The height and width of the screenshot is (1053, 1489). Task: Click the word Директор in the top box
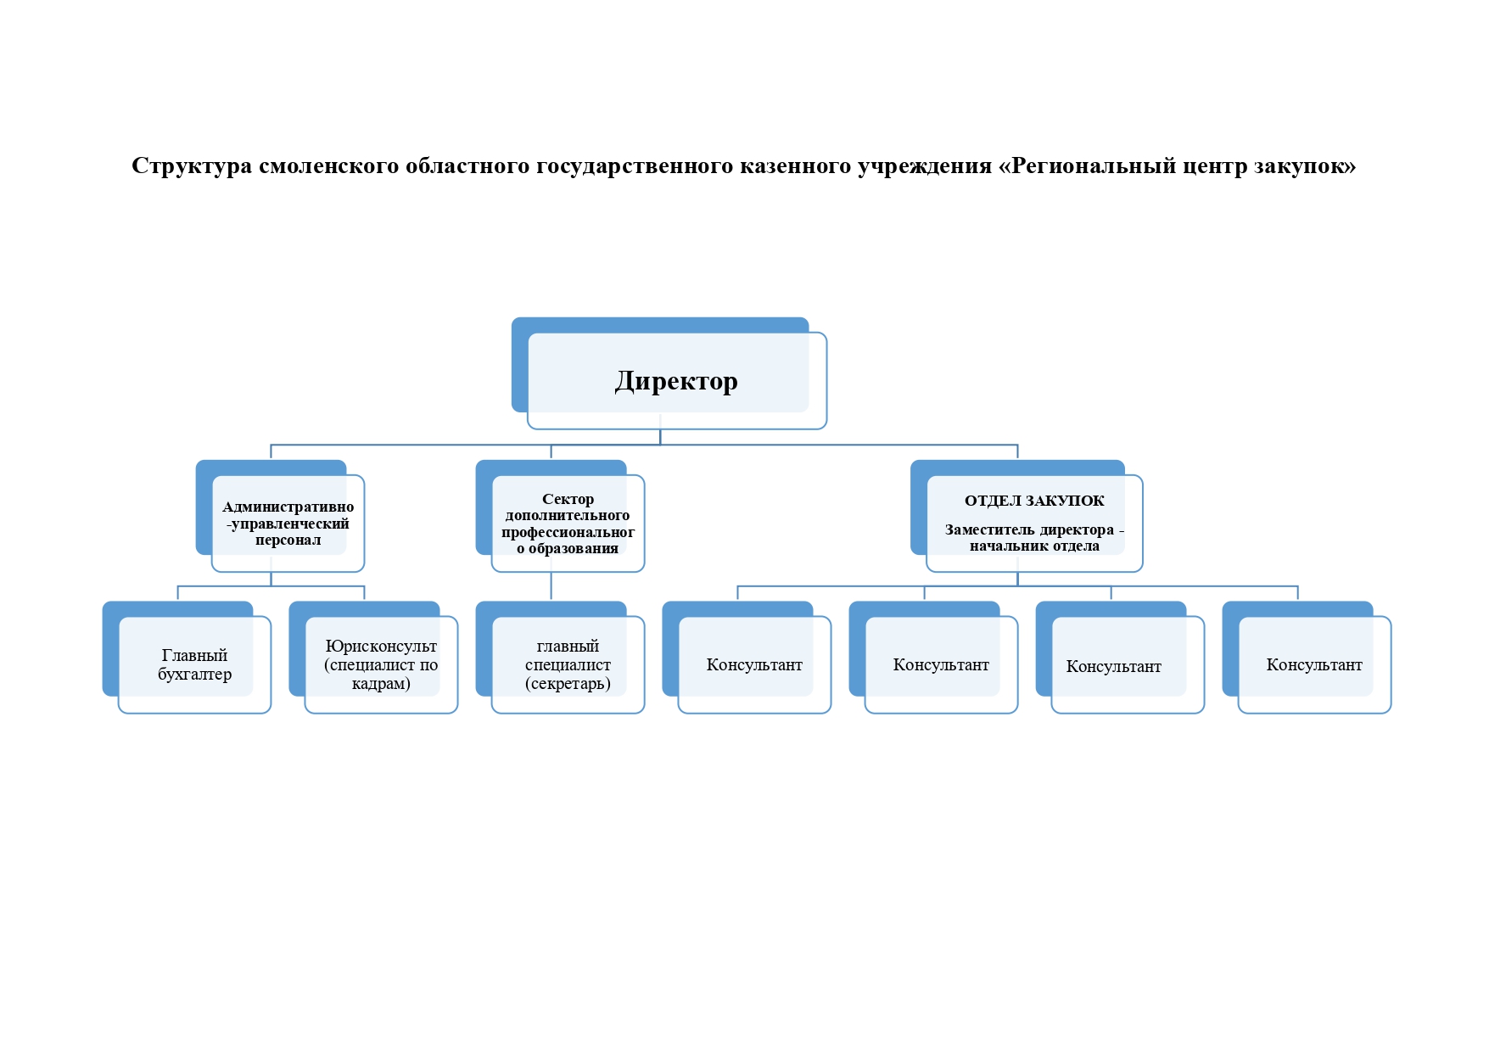[x=676, y=381]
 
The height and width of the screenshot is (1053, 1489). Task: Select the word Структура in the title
[x=192, y=165]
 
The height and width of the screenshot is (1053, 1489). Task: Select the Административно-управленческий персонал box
[x=288, y=523]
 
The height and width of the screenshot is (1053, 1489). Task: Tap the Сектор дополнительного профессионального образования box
[x=568, y=523]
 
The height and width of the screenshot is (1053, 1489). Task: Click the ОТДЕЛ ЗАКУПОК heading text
[x=1034, y=501]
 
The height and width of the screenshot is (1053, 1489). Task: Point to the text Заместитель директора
[x=1029, y=529]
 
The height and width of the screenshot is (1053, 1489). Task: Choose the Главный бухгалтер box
[x=194, y=664]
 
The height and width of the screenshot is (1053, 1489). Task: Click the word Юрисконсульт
[x=381, y=647]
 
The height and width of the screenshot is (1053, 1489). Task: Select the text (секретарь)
[x=568, y=684]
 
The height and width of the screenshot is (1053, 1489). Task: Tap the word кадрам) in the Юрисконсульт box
[x=381, y=684]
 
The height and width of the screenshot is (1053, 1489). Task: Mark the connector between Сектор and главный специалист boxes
[x=551, y=586]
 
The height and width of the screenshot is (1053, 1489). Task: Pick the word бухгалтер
[x=194, y=675]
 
